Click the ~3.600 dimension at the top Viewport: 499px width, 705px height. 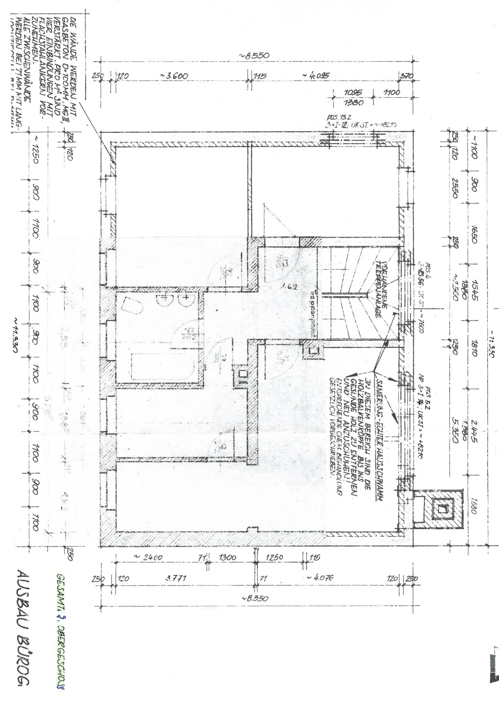pyautogui.click(x=174, y=76)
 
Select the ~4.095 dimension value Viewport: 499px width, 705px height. pyautogui.click(x=316, y=76)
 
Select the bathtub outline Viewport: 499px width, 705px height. pyautogui.click(x=162, y=367)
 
